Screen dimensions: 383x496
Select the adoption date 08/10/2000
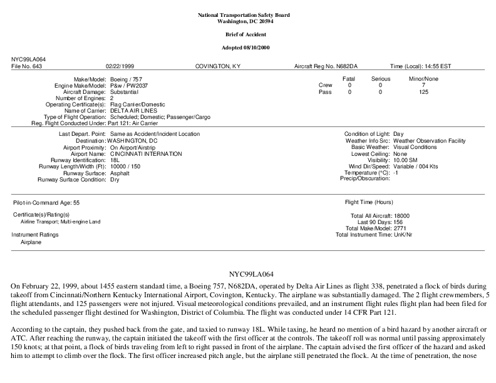point(263,48)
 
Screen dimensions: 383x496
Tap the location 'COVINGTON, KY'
point(218,66)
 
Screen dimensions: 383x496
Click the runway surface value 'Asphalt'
point(120,173)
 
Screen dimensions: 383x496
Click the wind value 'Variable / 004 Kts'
point(417,166)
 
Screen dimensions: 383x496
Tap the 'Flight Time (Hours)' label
point(369,203)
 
